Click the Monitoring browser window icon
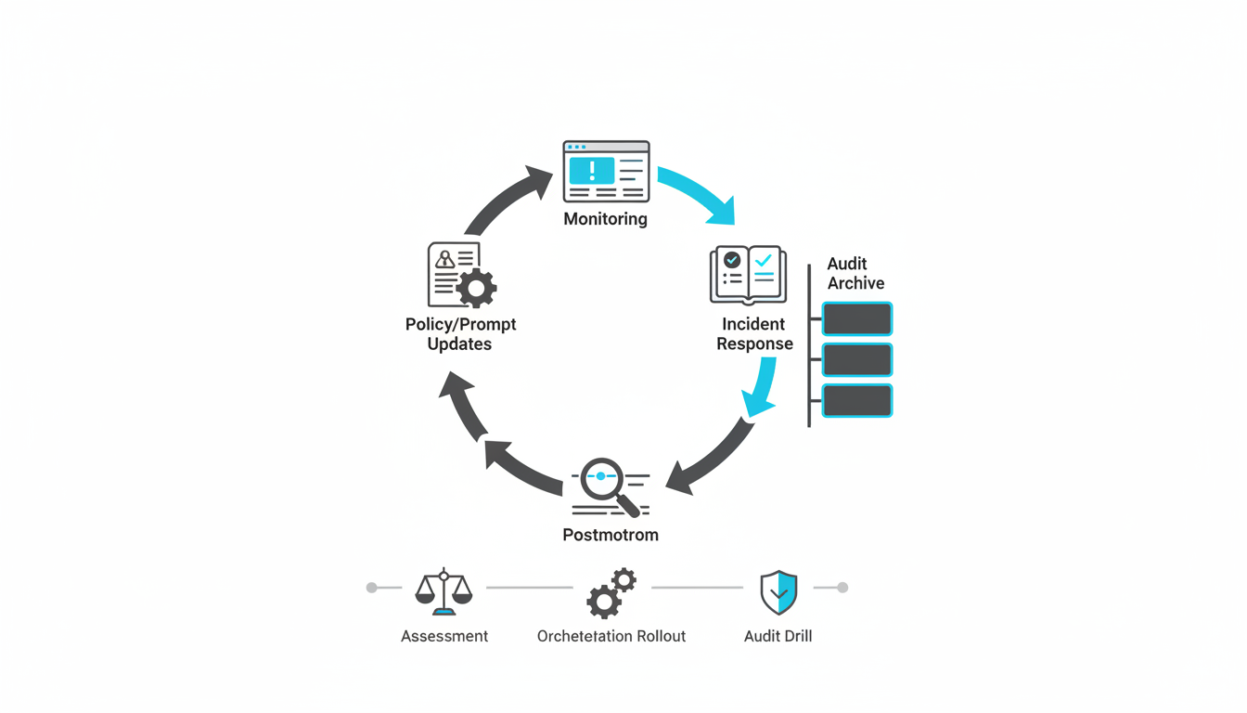click(x=606, y=172)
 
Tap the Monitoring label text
click(x=606, y=219)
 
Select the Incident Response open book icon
click(x=748, y=275)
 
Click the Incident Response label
click(x=754, y=334)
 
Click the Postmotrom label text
click(x=611, y=535)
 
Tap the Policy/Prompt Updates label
click(x=460, y=334)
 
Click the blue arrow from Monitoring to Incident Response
click(x=701, y=194)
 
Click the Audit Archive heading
click(x=855, y=274)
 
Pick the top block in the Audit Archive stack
click(x=857, y=318)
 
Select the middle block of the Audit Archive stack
click(x=857, y=359)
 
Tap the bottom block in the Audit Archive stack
click(x=857, y=400)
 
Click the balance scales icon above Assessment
click(x=444, y=591)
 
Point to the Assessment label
click(x=444, y=636)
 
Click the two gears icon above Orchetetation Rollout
click(x=611, y=593)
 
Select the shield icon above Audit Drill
click(x=778, y=592)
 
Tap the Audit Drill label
click(x=778, y=636)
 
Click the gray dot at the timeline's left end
click(x=372, y=588)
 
